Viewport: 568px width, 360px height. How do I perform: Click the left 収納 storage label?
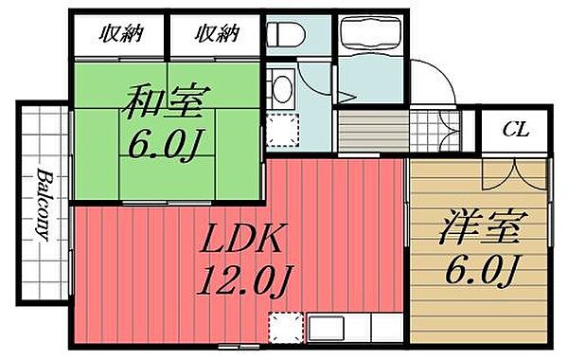click(x=120, y=36)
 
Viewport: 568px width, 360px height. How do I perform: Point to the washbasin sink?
click(x=281, y=89)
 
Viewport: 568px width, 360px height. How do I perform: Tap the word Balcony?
click(x=44, y=207)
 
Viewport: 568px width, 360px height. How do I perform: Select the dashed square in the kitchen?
click(x=284, y=328)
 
